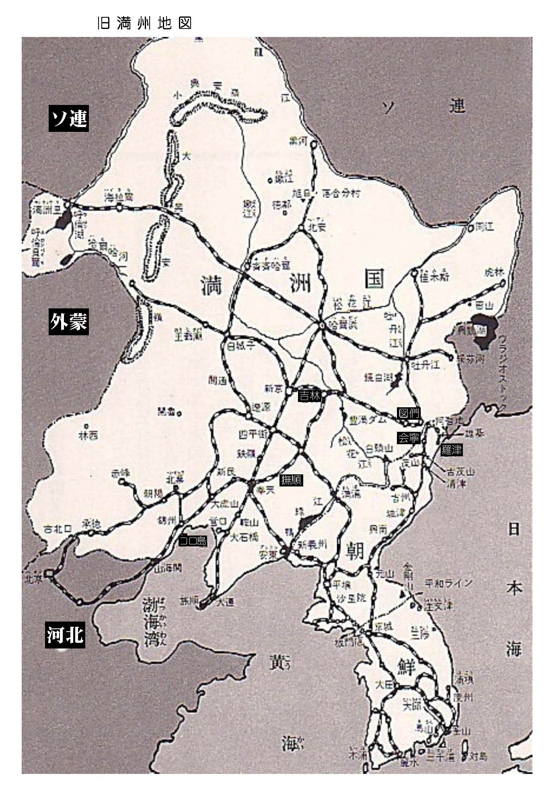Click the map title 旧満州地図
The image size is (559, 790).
coord(144,23)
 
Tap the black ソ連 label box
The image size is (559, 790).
coord(69,118)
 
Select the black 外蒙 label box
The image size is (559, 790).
coord(69,322)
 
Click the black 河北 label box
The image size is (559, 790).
coord(64,635)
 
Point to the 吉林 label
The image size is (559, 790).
coord(310,396)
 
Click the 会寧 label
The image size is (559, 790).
coord(409,438)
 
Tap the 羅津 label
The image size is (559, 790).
coord(451,450)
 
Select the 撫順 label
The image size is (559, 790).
coord(291,479)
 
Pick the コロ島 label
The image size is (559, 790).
coord(193,541)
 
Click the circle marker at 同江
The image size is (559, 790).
coord(470,228)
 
